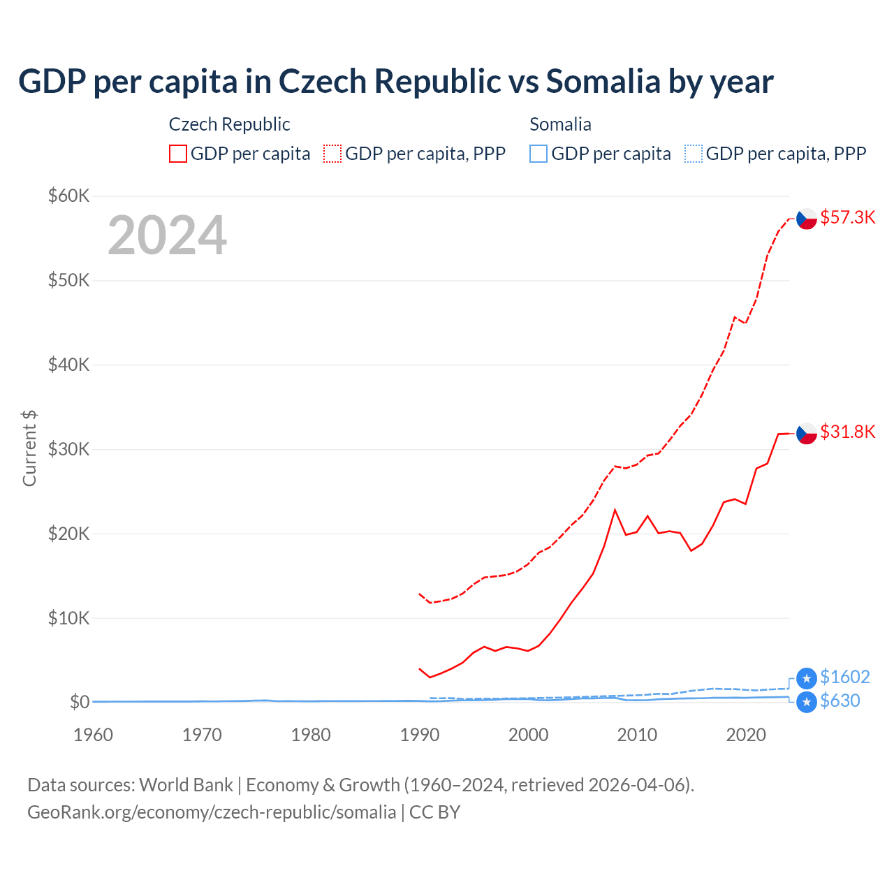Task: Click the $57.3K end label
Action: pos(847,217)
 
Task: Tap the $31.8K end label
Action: pos(847,432)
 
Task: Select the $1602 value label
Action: pos(844,677)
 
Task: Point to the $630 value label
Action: pos(840,701)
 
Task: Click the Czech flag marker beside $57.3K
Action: pos(807,219)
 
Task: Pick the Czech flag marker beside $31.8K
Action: pos(807,433)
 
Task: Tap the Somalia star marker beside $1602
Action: pos(807,678)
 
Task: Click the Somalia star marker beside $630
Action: pos(807,702)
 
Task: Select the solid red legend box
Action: pos(178,154)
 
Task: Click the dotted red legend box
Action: pos(332,154)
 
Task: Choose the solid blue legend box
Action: pos(538,154)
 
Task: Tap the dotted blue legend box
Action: pos(693,154)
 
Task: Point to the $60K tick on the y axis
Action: pos(68,196)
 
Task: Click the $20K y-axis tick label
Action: pos(68,534)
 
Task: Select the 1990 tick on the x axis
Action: pos(420,735)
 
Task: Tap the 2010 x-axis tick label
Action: pos(637,735)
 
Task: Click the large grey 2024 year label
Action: pos(167,235)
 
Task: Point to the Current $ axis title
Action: pos(29,448)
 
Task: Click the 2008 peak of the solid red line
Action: pos(615,510)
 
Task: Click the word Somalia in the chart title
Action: pos(603,81)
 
